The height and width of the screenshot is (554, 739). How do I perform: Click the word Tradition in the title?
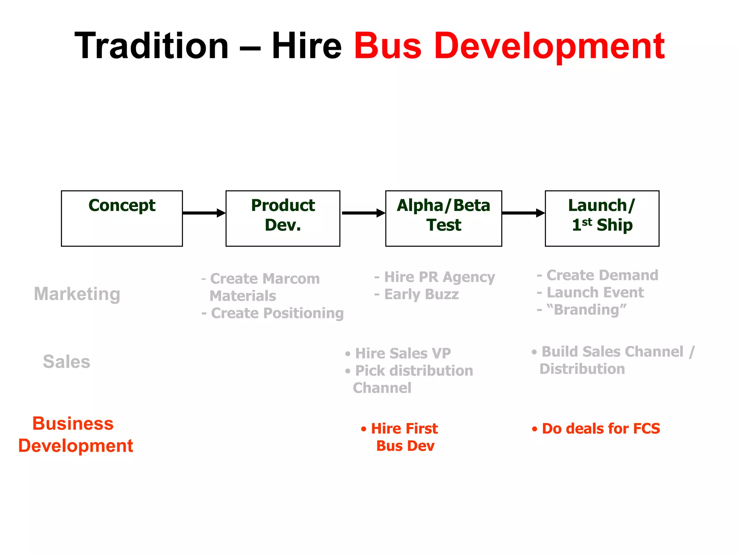(x=152, y=46)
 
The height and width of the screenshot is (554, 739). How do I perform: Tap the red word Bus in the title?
(x=388, y=46)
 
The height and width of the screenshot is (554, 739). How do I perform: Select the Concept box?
(x=122, y=218)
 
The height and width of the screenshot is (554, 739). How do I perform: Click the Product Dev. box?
(x=283, y=218)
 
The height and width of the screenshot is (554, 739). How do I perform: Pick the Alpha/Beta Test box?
(x=443, y=218)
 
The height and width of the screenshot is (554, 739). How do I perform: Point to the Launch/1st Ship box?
(x=602, y=218)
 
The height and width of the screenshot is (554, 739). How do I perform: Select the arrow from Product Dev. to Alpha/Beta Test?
(x=363, y=213)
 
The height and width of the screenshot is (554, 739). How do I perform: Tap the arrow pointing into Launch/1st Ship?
(x=523, y=213)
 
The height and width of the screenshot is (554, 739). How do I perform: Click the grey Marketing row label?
(x=77, y=294)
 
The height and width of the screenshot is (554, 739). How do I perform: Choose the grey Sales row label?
(x=66, y=361)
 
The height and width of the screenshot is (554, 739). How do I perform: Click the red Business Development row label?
(x=75, y=434)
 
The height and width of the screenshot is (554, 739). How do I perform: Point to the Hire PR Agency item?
(x=439, y=277)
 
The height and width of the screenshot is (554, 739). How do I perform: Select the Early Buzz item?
(x=421, y=294)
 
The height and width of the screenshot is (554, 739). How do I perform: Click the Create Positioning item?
(x=276, y=313)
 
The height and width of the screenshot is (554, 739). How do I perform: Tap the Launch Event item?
(x=595, y=293)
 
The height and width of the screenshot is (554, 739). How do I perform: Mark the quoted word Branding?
(x=586, y=310)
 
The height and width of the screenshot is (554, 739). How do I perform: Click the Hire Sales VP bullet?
(x=402, y=353)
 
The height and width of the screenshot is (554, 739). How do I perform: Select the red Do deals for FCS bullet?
(x=600, y=428)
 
